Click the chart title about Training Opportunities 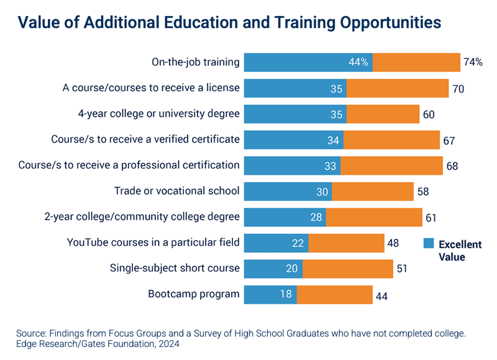(229, 22)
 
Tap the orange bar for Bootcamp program (334, 294)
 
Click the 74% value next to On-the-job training (473, 62)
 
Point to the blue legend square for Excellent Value (429, 243)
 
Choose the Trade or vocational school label (177, 191)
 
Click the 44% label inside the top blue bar (358, 62)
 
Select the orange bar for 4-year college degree (383, 114)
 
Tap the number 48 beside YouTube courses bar (393, 243)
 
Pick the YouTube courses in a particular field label (153, 243)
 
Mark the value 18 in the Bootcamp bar (286, 295)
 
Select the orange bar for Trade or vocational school (372, 191)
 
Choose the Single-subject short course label (175, 269)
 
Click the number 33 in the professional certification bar (330, 166)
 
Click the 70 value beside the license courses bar (458, 89)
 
